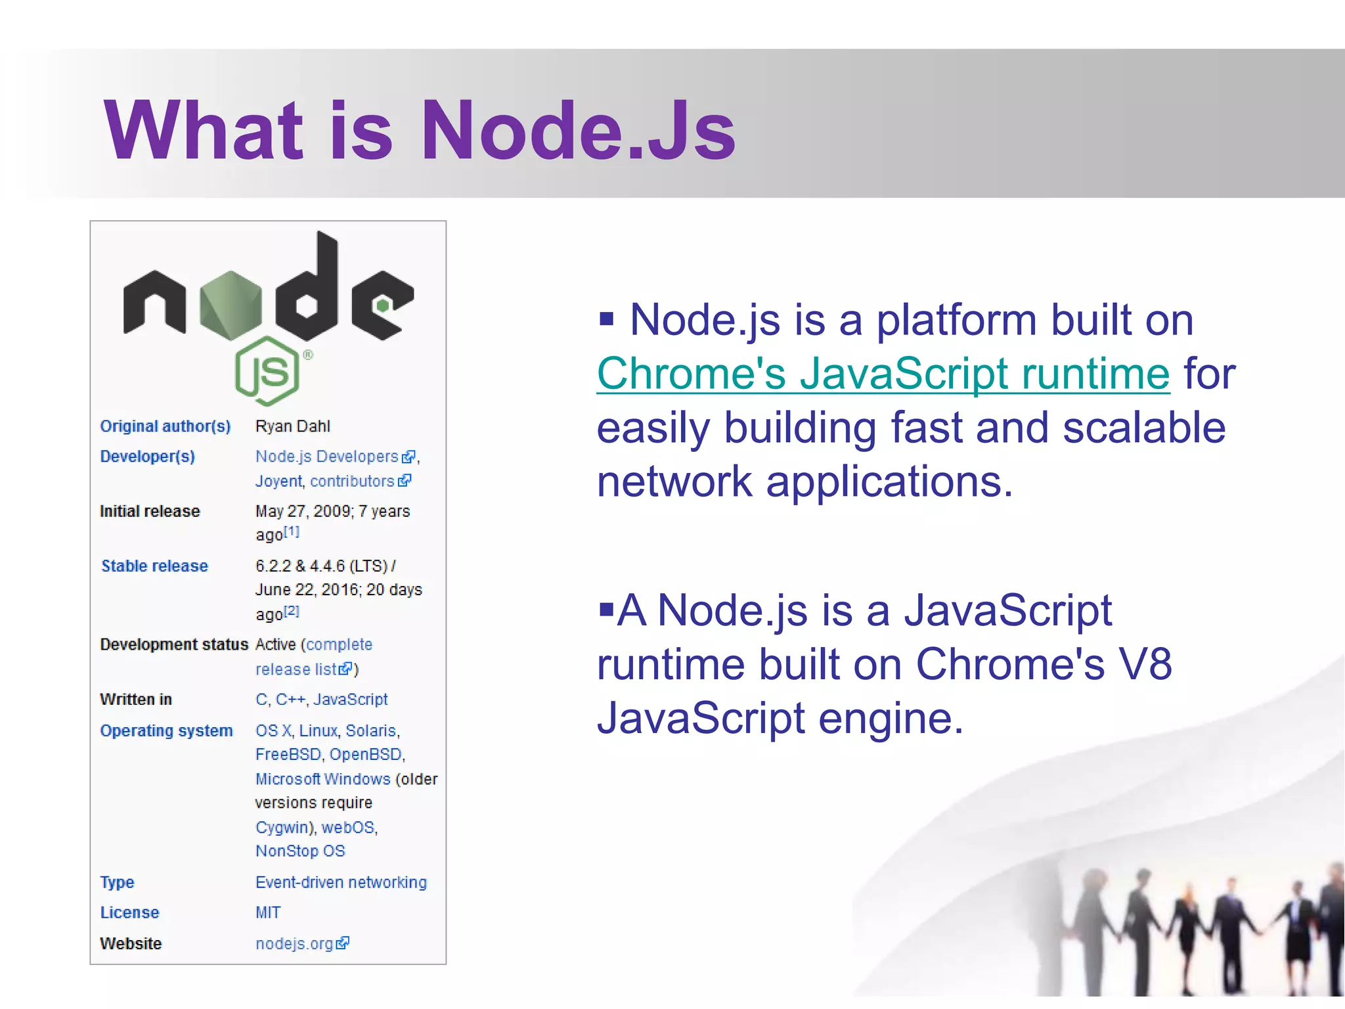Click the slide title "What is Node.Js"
coord(420,129)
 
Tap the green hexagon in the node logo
coord(231,305)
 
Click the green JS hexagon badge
coord(267,370)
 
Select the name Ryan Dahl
coord(292,426)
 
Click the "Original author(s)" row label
coord(165,426)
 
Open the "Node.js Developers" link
coord(326,457)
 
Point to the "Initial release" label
coord(150,511)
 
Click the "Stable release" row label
coord(154,566)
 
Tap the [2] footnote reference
coord(292,611)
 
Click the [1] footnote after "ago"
coord(292,531)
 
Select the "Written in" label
coord(136,700)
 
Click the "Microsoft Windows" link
coord(322,779)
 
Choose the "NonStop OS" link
coord(300,851)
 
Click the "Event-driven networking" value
coord(341,882)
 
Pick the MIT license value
coord(268,912)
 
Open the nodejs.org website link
coord(295,944)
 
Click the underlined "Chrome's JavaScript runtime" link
coord(883,374)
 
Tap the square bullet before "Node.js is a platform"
coord(606,320)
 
